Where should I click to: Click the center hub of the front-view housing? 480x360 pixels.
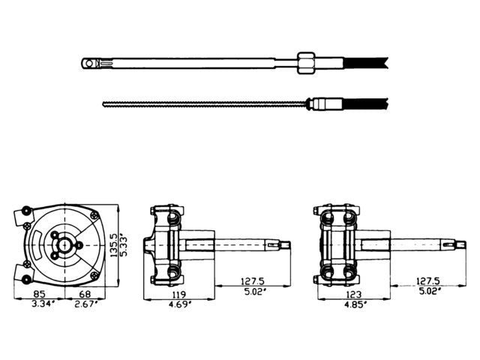(x=67, y=244)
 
